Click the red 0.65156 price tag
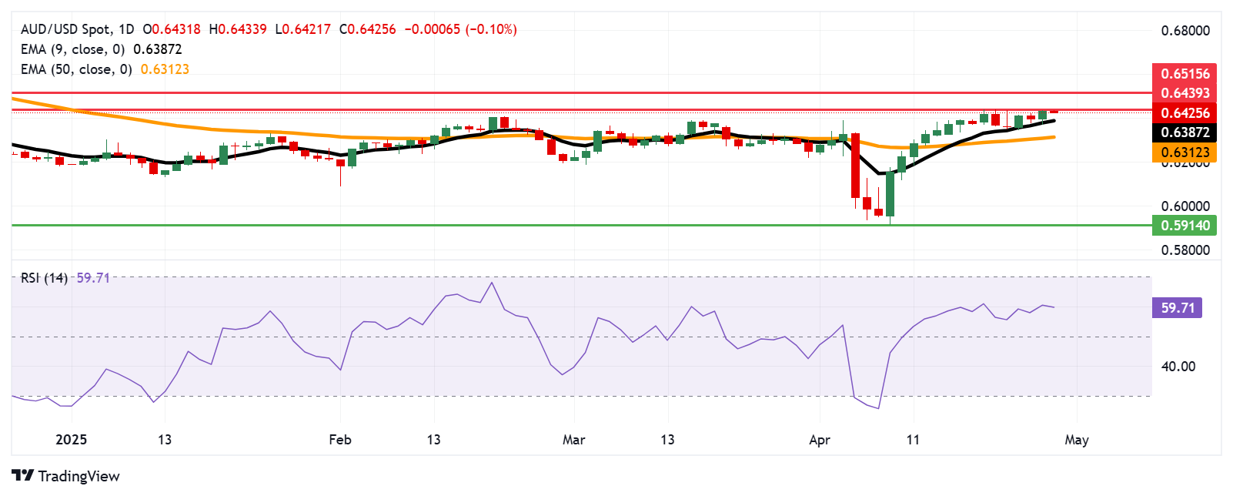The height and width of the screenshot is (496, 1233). coord(1185,74)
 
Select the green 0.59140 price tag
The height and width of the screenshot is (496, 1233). coord(1185,226)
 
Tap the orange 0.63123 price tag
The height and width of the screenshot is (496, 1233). coord(1185,152)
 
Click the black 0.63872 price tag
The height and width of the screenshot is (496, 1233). coord(1185,132)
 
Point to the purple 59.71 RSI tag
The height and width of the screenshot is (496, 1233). coord(1177,308)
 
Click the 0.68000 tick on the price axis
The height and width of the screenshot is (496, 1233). coord(1185,31)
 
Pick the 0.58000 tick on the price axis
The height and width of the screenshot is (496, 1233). coord(1185,250)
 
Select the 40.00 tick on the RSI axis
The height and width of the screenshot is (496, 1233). coord(1178,367)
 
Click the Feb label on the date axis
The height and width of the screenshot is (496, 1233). coord(339,440)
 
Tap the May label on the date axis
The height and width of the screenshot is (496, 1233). coord(1076,440)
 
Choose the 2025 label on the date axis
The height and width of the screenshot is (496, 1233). coord(71,440)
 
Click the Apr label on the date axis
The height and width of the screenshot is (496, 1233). coord(820,440)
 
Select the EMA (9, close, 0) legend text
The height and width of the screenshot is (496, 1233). coord(72,49)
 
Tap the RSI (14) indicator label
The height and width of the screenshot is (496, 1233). coord(44,278)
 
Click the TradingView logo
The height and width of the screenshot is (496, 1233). coord(65,476)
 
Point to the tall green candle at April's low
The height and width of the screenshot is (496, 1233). coord(890,194)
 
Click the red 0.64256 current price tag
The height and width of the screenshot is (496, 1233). coord(1185,113)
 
